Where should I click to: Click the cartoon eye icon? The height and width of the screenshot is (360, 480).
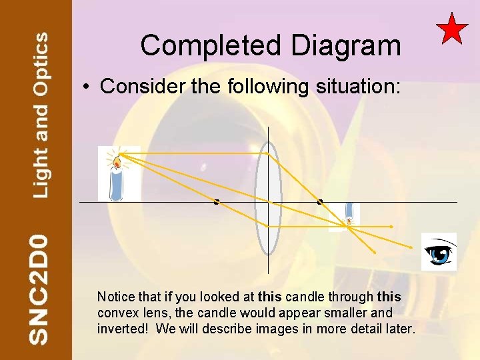pos(439,252)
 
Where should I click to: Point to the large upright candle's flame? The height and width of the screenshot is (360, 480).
pos(117,161)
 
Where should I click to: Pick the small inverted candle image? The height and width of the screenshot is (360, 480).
pos(348,215)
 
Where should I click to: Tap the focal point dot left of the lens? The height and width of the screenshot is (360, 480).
pos(217,201)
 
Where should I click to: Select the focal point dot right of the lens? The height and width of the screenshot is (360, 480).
pos(320,201)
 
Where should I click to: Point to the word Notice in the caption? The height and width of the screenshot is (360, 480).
pos(115,296)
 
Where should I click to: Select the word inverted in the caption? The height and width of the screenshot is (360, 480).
pos(120,329)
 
